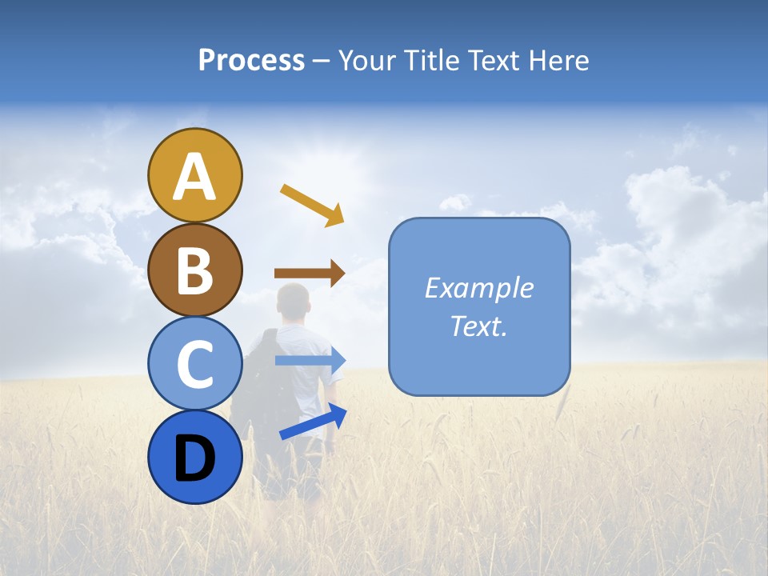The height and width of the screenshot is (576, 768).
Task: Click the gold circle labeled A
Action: (195, 175)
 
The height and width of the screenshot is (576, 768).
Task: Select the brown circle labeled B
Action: (195, 270)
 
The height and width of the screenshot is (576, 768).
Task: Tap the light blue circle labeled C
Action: (195, 363)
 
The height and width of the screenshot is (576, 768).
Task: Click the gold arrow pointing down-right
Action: (312, 204)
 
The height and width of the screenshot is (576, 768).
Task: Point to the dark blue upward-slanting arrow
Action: (313, 422)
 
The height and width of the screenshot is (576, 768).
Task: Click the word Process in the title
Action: (251, 61)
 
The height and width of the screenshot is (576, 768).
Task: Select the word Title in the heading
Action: (433, 61)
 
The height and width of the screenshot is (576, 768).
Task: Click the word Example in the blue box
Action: (478, 288)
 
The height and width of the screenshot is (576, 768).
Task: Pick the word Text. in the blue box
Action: (478, 326)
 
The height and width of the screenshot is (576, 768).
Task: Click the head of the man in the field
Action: (292, 302)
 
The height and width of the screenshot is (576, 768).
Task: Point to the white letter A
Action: (195, 177)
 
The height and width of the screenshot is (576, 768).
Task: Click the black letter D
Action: (195, 458)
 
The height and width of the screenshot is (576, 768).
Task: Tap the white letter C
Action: (195, 365)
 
